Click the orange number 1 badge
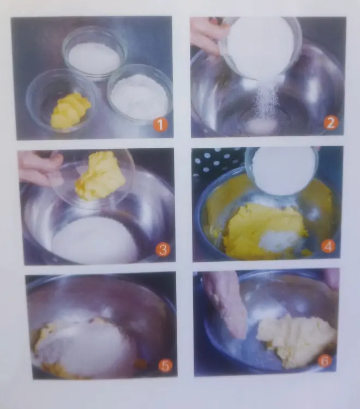coord(160,124)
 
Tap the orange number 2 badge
coord(331,123)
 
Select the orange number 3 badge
coord(163,250)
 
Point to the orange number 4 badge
coord(328,246)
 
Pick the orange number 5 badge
coord(165,365)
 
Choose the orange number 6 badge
coord(325,361)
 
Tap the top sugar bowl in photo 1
coord(94,54)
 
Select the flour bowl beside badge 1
coord(140,94)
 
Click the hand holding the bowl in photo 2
coord(206,35)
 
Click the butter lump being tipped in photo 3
coord(100,176)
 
